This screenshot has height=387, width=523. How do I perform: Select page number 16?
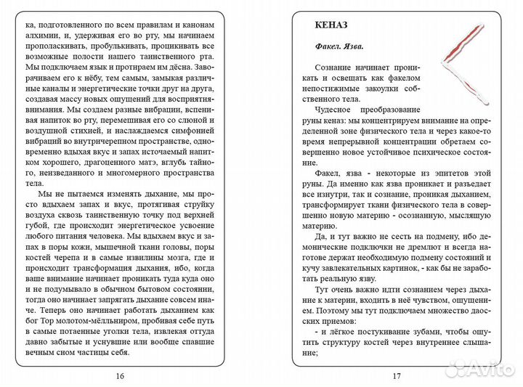click(x=121, y=375)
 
